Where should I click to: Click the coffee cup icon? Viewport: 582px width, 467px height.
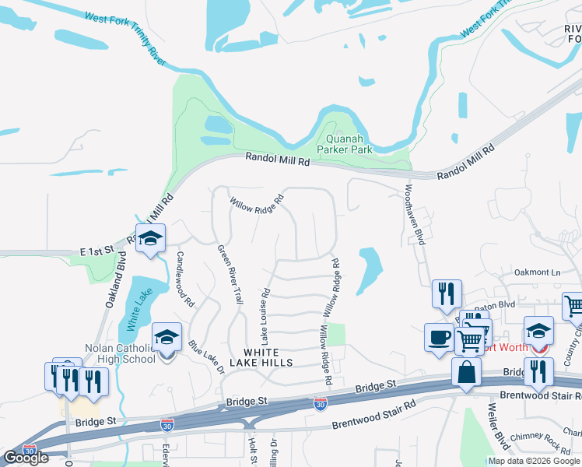pyautogui.click(x=438, y=339)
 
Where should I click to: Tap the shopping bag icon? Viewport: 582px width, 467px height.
pyautogui.click(x=466, y=373)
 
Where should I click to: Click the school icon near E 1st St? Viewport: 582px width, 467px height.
pyautogui.click(x=150, y=238)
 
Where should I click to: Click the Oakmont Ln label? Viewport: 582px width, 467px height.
pyautogui.click(x=538, y=272)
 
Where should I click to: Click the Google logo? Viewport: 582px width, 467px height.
pyautogui.click(x=26, y=458)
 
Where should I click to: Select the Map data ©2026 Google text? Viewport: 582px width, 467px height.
pyautogui.click(x=533, y=461)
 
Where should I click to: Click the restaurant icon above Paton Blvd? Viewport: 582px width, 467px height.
pyautogui.click(x=447, y=294)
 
